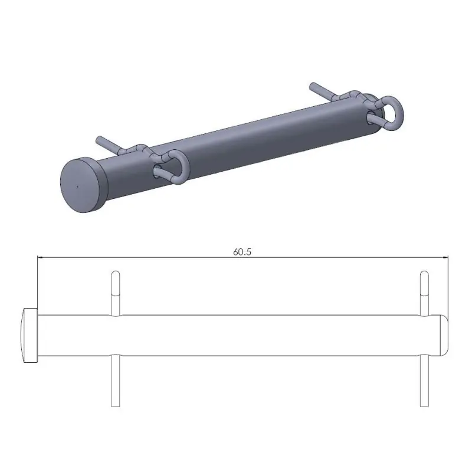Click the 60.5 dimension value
pos(242,251)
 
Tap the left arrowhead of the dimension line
pos(41,257)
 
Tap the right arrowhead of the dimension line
pos(445,257)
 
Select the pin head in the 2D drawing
pos(30,335)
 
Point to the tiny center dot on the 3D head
pos(77,186)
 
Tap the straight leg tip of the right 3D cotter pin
pos(313,87)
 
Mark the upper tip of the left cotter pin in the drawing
pos(116,274)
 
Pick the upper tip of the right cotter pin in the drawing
pos(423,274)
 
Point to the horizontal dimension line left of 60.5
pos(136,257)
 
